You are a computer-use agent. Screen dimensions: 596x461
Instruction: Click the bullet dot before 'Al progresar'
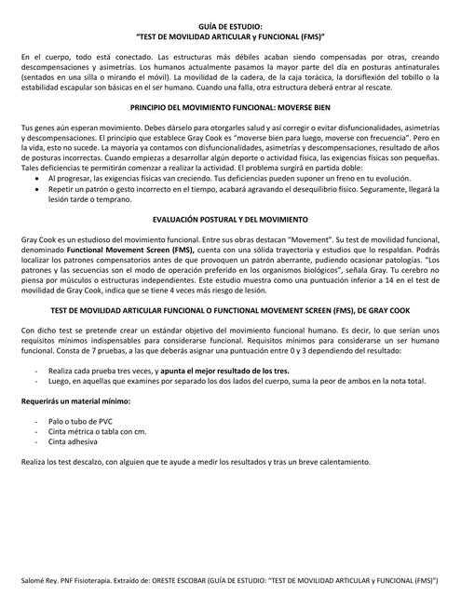click(x=37, y=176)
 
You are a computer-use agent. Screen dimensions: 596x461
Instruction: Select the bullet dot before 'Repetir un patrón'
click(x=37, y=187)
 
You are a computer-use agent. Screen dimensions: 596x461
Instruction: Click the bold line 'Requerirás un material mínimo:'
click(x=71, y=401)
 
